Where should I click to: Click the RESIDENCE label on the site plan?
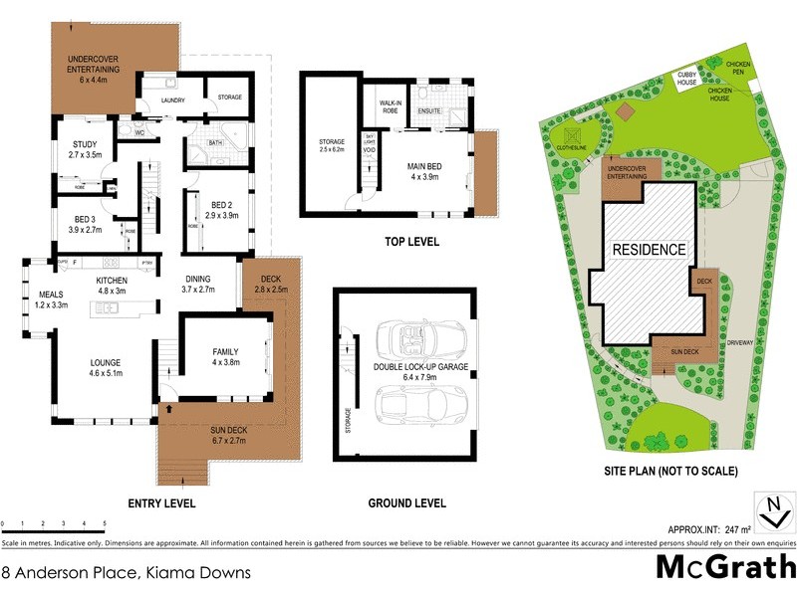tap(649, 250)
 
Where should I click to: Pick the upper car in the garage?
tap(410, 341)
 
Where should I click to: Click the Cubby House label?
tap(687, 79)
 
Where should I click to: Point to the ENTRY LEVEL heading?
tap(155, 502)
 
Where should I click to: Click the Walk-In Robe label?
tap(390, 106)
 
